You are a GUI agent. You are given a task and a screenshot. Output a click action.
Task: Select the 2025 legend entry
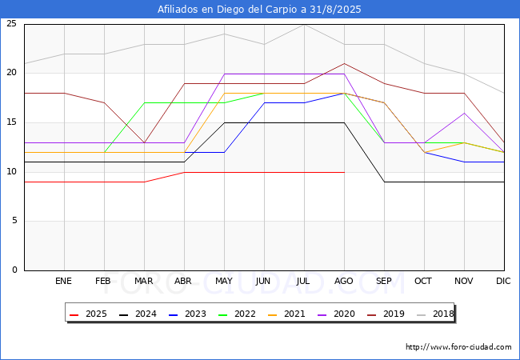tap(88, 314)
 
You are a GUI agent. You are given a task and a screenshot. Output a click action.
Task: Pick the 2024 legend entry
tap(138, 314)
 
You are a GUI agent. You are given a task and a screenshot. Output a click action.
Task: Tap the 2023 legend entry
tap(187, 314)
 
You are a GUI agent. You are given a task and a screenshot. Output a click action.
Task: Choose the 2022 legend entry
tap(237, 314)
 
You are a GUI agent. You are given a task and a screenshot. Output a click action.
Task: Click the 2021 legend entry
tap(286, 314)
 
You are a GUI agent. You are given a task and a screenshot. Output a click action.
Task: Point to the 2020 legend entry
tap(336, 314)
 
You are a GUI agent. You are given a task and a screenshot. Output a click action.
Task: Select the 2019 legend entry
tap(386, 314)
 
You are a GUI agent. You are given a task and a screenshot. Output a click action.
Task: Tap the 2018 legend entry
tap(435, 314)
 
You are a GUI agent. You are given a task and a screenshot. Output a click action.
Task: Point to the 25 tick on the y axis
tap(12, 23)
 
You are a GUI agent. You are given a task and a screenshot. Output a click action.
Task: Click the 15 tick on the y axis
tap(12, 122)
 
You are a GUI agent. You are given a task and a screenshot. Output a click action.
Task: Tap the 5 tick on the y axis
tap(14, 221)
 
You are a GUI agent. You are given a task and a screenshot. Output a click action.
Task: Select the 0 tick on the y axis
tap(14, 270)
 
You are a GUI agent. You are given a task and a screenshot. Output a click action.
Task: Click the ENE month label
tap(63, 281)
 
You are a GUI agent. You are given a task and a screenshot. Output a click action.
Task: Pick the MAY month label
tap(224, 281)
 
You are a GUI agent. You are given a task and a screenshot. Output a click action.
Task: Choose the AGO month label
tap(343, 281)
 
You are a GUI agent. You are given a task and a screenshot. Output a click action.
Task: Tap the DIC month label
tap(503, 281)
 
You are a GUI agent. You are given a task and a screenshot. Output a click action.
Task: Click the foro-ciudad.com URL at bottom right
tap(458, 347)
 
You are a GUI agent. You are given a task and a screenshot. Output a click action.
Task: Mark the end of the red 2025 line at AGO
tap(345, 172)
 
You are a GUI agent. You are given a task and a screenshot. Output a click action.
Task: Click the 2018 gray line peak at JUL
tap(305, 25)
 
